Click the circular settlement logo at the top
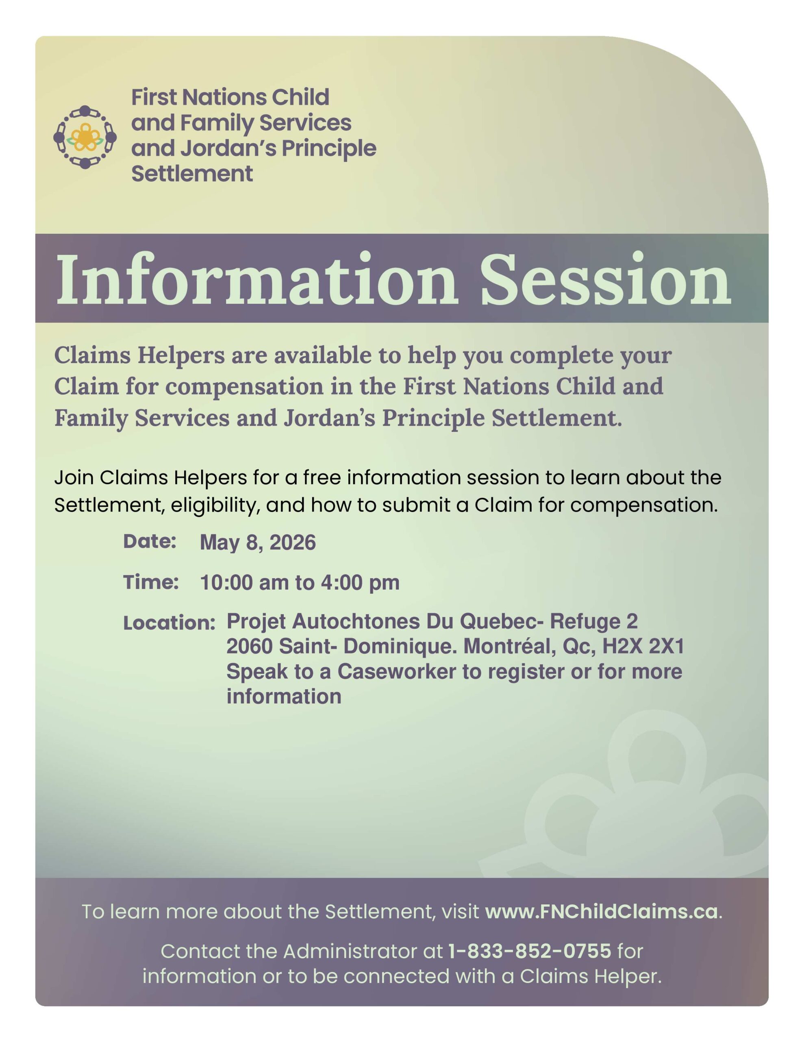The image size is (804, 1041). pyautogui.click(x=85, y=137)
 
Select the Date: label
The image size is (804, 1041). pyautogui.click(x=150, y=542)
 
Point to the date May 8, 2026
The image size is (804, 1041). pyautogui.click(x=257, y=542)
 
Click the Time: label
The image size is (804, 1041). pyautogui.click(x=151, y=582)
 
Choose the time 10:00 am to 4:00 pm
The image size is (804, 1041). pyautogui.click(x=299, y=582)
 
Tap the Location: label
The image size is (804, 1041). pyautogui.click(x=169, y=623)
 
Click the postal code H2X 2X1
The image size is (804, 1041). pyautogui.click(x=643, y=646)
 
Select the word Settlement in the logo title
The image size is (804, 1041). pyautogui.click(x=192, y=174)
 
